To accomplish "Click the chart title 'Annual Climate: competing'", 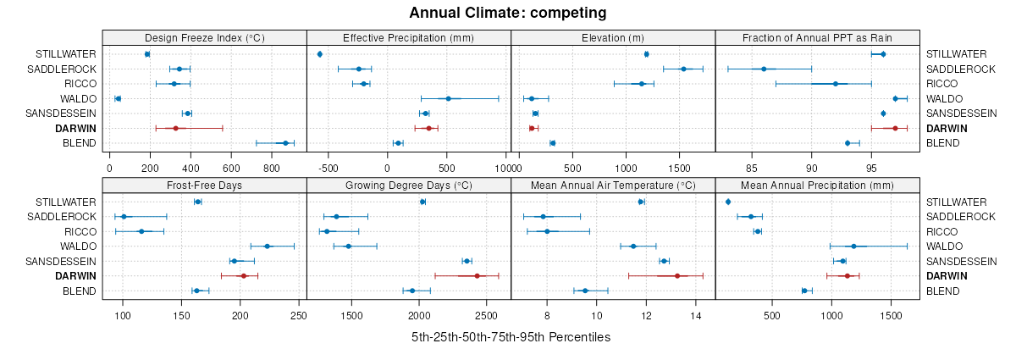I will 507,13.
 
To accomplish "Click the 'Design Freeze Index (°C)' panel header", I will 204,37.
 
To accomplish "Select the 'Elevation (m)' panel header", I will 613,37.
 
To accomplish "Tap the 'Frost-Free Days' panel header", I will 204,185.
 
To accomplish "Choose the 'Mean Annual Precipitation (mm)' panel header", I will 817,185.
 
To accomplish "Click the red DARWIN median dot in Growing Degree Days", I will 477,276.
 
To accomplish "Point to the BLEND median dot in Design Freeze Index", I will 285,143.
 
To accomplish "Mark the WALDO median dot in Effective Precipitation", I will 448,98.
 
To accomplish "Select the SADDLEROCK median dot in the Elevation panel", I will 683,69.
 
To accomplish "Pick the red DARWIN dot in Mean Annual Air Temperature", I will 676,276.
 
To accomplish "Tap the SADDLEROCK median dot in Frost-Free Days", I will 124,217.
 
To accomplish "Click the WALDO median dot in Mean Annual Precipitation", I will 853,246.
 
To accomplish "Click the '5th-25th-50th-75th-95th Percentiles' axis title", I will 511,337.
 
